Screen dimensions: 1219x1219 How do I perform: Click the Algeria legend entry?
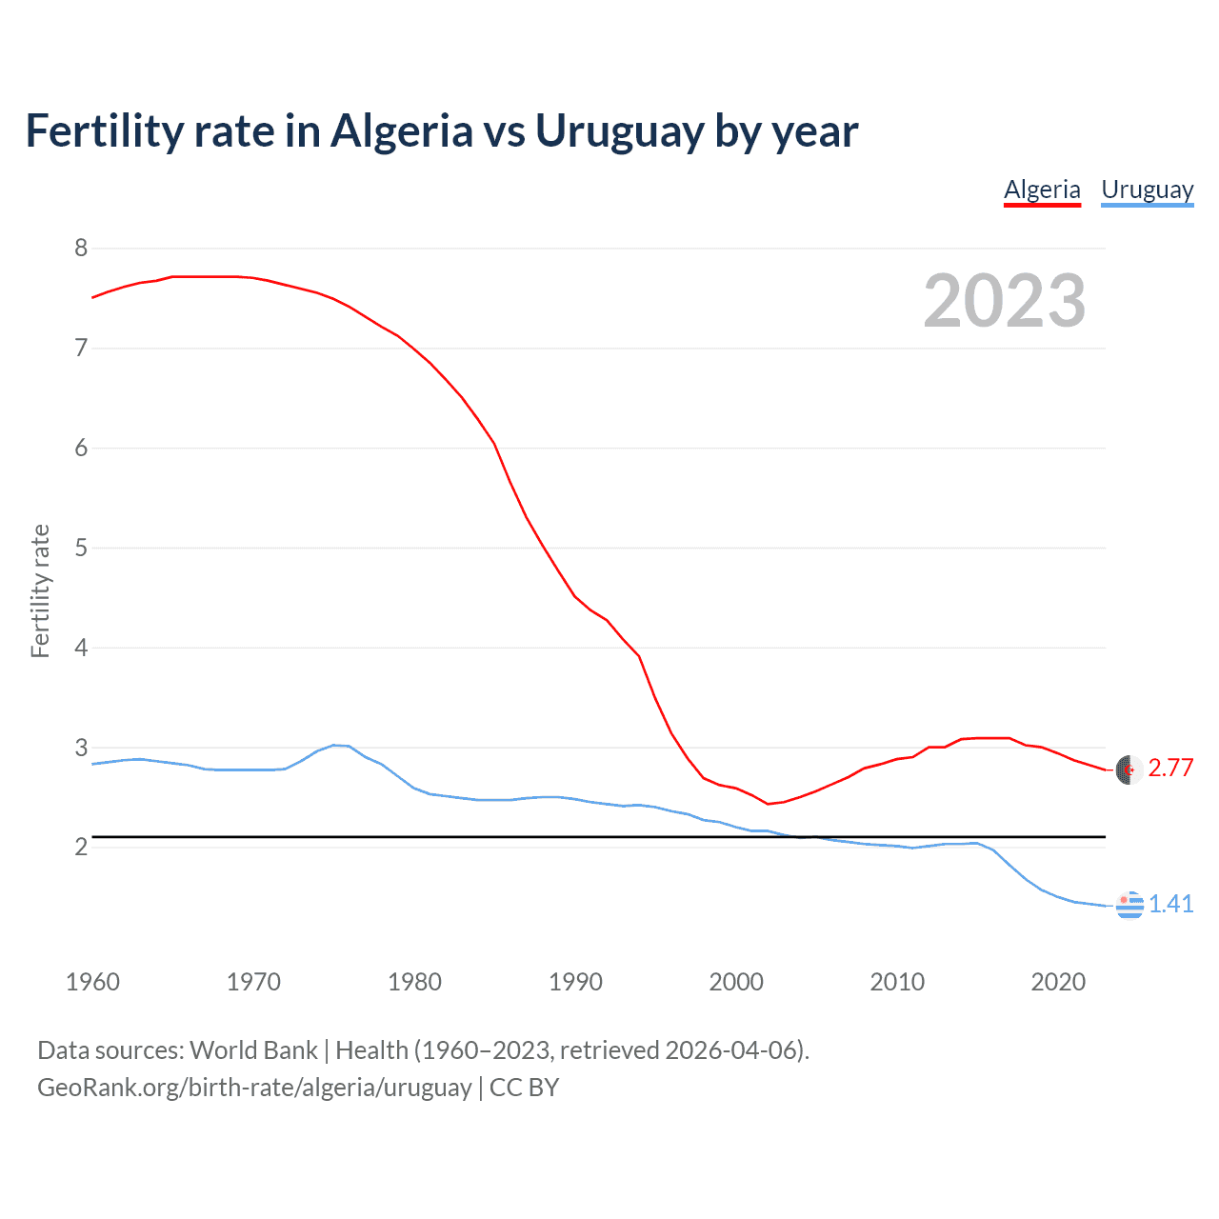tap(1042, 190)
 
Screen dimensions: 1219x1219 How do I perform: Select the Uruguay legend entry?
tap(1147, 190)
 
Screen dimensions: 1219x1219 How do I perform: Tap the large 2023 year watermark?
tap(1005, 301)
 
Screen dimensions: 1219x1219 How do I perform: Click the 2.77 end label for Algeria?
tap(1170, 768)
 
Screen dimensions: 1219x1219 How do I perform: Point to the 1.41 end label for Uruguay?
tap(1170, 904)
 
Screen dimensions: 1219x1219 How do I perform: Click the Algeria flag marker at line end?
tap(1129, 769)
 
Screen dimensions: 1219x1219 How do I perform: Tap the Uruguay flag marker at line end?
tap(1129, 905)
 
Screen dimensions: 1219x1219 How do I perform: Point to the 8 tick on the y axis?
tap(81, 249)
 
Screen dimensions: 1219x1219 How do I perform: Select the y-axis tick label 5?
tap(81, 548)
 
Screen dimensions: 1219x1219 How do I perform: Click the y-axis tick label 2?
tap(81, 847)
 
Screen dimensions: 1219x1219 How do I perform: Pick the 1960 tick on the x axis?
tap(92, 982)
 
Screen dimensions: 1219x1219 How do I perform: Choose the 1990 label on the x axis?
tap(575, 982)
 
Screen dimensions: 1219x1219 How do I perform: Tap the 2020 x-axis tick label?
tap(1058, 982)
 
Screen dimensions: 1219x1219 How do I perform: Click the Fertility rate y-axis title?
tap(40, 590)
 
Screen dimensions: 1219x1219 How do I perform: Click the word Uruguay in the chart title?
tap(619, 131)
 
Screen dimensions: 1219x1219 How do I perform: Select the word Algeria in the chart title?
tap(401, 131)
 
